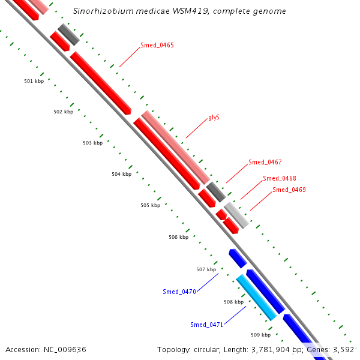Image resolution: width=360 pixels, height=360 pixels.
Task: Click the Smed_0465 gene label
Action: tap(157, 46)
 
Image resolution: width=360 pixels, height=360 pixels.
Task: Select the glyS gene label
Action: tap(214, 118)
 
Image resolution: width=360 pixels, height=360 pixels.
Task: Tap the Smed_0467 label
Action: tap(265, 163)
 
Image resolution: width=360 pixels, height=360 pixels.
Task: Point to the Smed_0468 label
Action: tap(280, 178)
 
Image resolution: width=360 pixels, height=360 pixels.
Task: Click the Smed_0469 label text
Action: tap(289, 190)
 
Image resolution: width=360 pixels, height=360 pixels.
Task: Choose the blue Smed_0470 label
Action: tap(179, 292)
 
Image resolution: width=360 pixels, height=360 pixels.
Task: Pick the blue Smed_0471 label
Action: tap(207, 325)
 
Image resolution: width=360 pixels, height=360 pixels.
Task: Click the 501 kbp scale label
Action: tap(34, 81)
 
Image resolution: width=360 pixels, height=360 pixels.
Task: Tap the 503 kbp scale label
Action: tap(92, 143)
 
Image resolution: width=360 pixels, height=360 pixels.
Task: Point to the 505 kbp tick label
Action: tap(150, 205)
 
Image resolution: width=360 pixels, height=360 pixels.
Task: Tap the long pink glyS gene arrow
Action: tap(176, 147)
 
